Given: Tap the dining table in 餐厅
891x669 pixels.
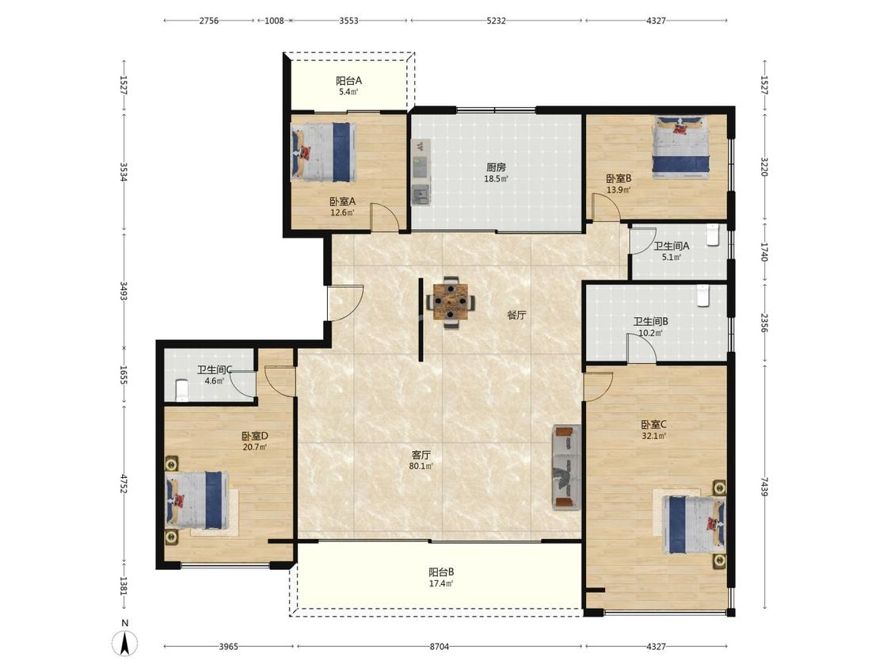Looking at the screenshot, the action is click(x=451, y=302).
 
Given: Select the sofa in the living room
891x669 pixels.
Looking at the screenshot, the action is click(x=566, y=467).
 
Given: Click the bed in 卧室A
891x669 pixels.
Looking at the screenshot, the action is click(x=323, y=152).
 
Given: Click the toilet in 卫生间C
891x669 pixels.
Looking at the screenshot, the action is click(x=182, y=390).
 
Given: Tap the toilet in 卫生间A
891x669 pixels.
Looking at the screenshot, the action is click(x=713, y=236).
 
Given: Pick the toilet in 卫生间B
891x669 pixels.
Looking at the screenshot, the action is click(x=703, y=296).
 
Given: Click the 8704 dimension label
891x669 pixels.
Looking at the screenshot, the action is click(x=440, y=646).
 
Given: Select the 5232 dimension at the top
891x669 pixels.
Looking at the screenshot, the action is click(x=496, y=21).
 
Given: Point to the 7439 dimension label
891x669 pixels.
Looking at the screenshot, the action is click(x=765, y=487).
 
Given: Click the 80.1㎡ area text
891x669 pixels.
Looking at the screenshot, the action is click(x=421, y=467).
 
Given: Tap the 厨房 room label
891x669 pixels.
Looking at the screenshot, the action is click(x=496, y=167).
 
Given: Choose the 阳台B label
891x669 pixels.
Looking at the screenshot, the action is click(x=441, y=572).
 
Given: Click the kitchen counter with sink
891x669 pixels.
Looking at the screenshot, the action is click(x=421, y=171).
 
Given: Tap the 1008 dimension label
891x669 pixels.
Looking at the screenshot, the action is click(x=274, y=21).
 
